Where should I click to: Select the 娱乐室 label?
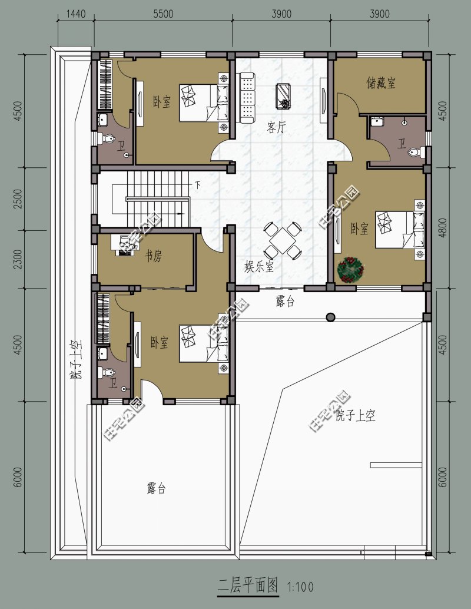pos(259,267)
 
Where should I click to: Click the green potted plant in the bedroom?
pos(350,269)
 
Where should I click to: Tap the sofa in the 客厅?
pos(247,98)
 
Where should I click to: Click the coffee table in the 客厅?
pos(284,95)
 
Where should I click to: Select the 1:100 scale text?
pos(300,587)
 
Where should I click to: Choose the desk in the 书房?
pos(127,244)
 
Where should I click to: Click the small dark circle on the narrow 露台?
pos(331,317)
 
